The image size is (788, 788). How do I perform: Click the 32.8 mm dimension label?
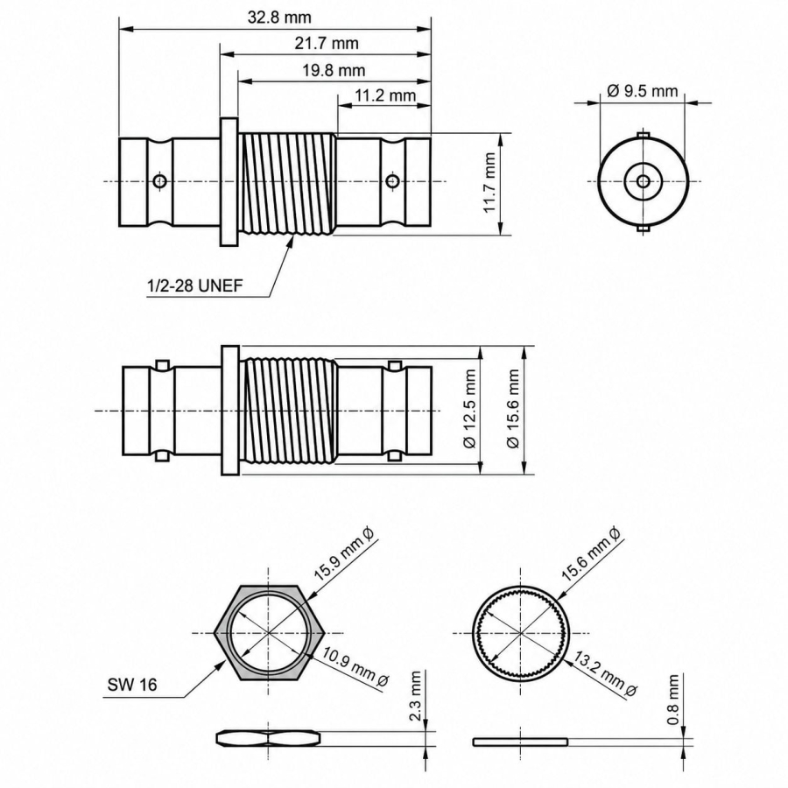pos(279,18)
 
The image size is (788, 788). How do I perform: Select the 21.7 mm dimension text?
pos(327,43)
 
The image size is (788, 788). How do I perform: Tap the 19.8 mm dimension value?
pos(334,70)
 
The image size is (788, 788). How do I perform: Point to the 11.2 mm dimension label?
pos(385,95)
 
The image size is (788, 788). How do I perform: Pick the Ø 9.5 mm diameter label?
pos(643,91)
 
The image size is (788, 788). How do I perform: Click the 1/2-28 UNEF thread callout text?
pos(194,285)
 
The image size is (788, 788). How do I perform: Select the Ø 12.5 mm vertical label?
pos(469,409)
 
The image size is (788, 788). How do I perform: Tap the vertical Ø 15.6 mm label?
pos(512,409)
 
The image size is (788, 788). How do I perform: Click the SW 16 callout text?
pos(132,684)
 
